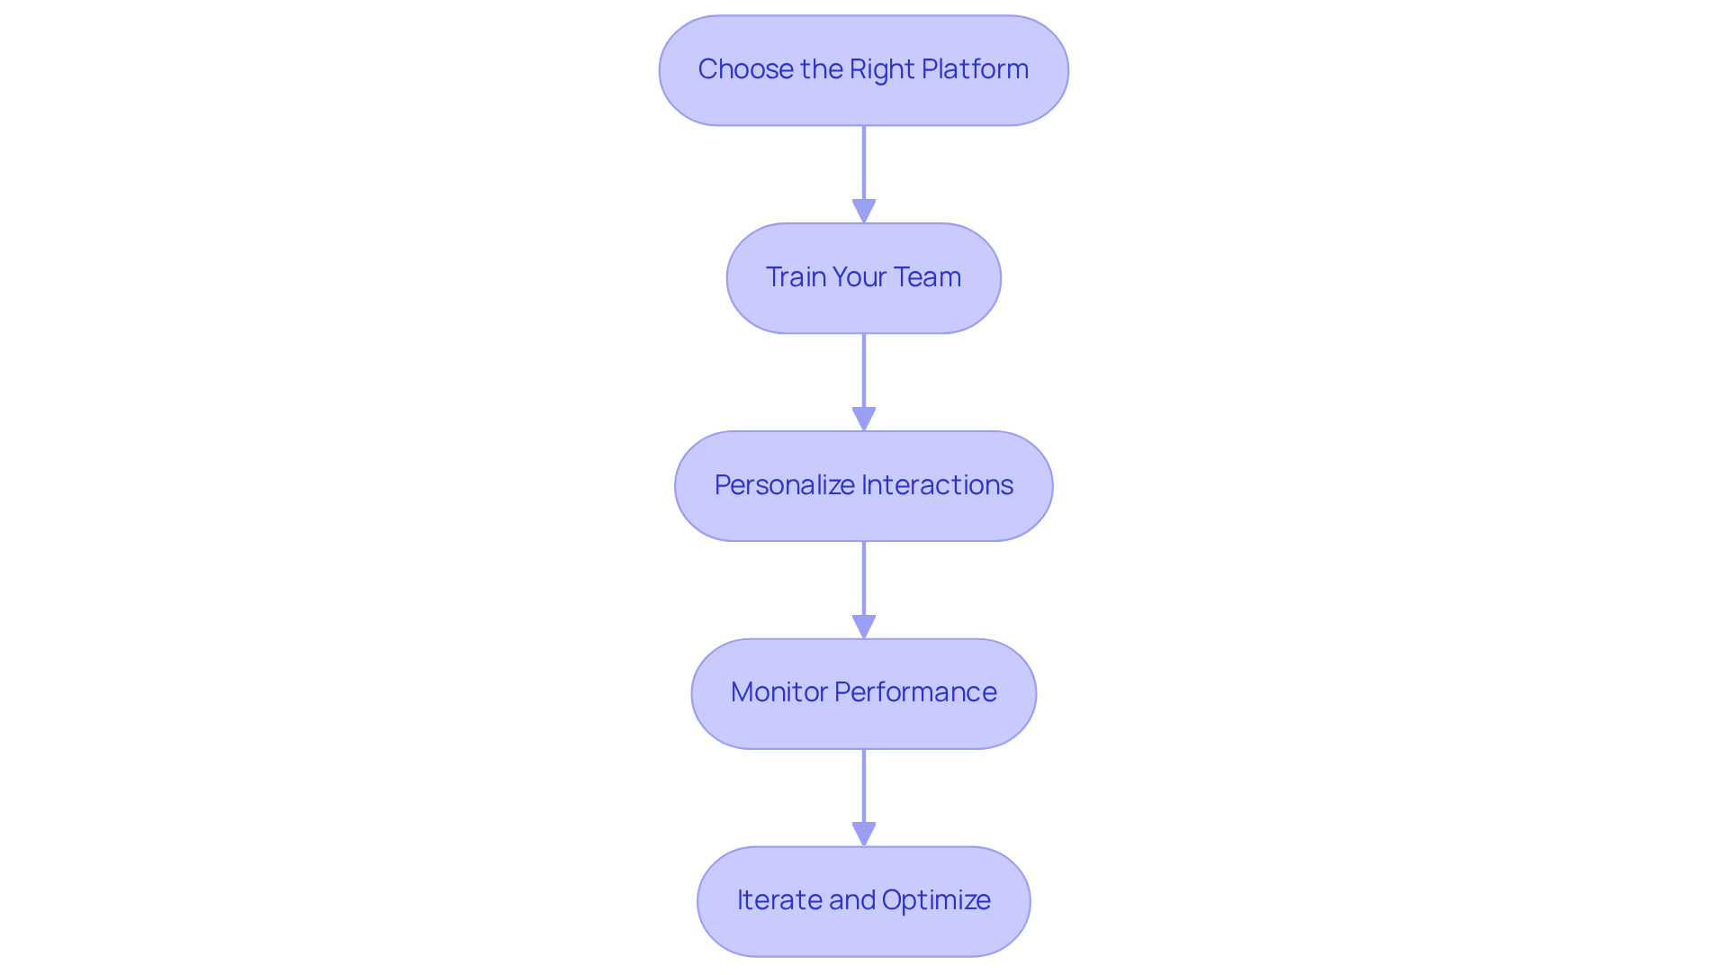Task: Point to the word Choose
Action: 746,69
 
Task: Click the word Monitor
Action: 778,692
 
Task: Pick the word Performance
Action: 915,692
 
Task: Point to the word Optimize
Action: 936,900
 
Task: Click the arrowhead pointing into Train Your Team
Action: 863,211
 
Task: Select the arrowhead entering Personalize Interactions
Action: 863,419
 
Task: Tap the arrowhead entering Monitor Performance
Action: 863,627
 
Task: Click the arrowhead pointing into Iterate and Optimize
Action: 863,834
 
